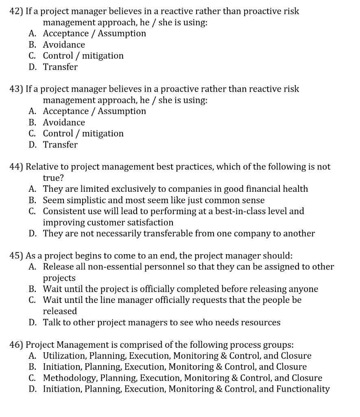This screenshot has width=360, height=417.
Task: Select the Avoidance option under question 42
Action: coord(64,45)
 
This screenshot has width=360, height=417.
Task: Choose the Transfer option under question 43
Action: coord(60,145)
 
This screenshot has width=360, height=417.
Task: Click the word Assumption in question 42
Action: coord(122,33)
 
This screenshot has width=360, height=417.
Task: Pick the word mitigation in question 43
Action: coord(103,134)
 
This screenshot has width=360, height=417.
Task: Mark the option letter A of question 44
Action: coord(32,189)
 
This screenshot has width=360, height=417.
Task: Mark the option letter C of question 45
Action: coord(32,301)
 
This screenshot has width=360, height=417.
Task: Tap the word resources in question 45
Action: coord(261,323)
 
